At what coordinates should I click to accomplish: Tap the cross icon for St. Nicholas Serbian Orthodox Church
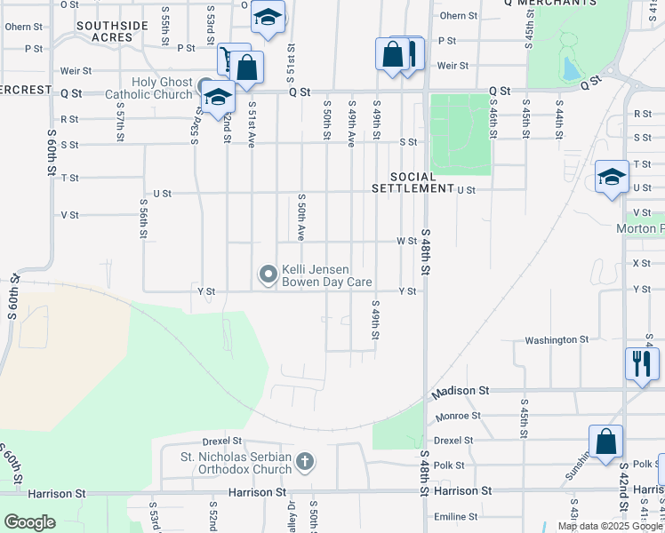[x=305, y=461]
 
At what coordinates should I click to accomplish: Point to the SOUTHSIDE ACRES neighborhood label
[x=111, y=32]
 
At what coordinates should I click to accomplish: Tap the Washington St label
[x=557, y=339]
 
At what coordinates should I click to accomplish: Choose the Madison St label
[x=461, y=390]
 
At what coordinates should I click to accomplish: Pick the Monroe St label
[x=458, y=415]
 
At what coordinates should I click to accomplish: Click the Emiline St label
[x=456, y=516]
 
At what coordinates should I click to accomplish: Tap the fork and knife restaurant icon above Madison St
[x=641, y=362]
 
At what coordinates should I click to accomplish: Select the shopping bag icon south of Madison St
[x=605, y=441]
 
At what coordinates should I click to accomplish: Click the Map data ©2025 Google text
[x=610, y=526]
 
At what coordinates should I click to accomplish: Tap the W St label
[x=406, y=241]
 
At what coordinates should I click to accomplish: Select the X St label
[x=641, y=263]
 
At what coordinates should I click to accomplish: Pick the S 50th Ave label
[x=302, y=217]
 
